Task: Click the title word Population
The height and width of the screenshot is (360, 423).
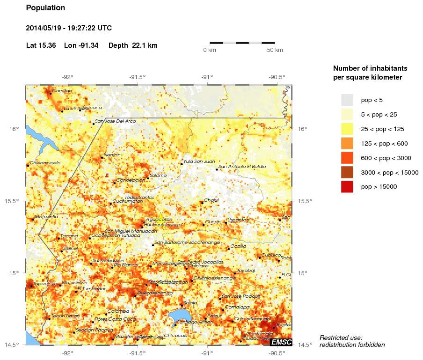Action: tap(45, 8)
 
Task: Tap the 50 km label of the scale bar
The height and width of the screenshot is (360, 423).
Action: tap(275, 50)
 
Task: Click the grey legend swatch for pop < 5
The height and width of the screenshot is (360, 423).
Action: tap(347, 100)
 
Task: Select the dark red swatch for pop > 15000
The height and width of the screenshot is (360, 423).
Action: tap(347, 186)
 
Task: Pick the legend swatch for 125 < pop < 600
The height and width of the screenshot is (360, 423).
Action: tap(347, 143)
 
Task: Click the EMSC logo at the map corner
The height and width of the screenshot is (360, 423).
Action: tap(281, 342)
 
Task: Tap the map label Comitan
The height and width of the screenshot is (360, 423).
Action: tap(62, 90)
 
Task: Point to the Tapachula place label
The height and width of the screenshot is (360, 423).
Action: tap(45, 283)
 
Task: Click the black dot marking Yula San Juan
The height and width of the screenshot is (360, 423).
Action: tap(182, 164)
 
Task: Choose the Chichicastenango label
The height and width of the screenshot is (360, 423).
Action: tap(214, 278)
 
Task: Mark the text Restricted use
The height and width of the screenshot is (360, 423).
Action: tap(341, 338)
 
